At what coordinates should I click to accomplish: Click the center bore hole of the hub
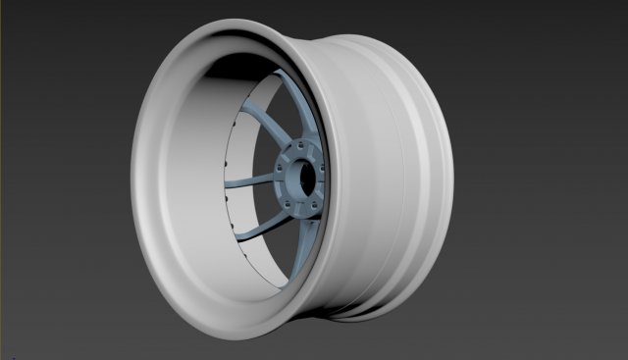coord(308,178)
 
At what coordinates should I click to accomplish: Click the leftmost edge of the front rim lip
coord(132,181)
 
